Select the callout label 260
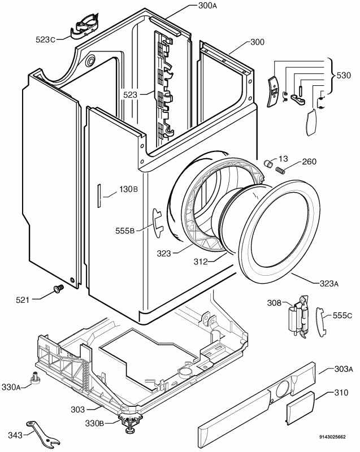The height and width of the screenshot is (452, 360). pyautogui.click(x=309, y=162)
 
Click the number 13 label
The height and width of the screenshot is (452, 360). pyautogui.click(x=283, y=160)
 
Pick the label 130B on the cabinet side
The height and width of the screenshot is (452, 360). pyautogui.click(x=128, y=189)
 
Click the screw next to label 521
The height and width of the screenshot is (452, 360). pyautogui.click(x=57, y=289)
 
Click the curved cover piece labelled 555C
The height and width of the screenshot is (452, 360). pyautogui.click(x=320, y=318)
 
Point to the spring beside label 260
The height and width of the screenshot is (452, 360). pyautogui.click(x=280, y=169)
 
